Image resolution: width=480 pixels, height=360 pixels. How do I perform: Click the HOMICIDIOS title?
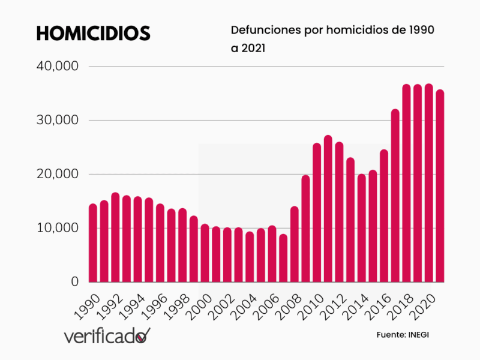tap(93, 34)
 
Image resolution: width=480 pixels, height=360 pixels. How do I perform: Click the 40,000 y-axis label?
tap(58, 67)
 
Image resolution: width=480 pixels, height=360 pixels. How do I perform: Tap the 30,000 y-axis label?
tap(58, 120)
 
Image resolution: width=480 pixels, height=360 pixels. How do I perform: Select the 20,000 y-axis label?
tap(58, 174)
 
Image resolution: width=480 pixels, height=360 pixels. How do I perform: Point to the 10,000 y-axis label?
tap(58, 228)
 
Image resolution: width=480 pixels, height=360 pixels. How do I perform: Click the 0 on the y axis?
tap(74, 281)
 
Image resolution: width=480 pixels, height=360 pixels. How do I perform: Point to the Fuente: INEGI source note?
tap(403, 334)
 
